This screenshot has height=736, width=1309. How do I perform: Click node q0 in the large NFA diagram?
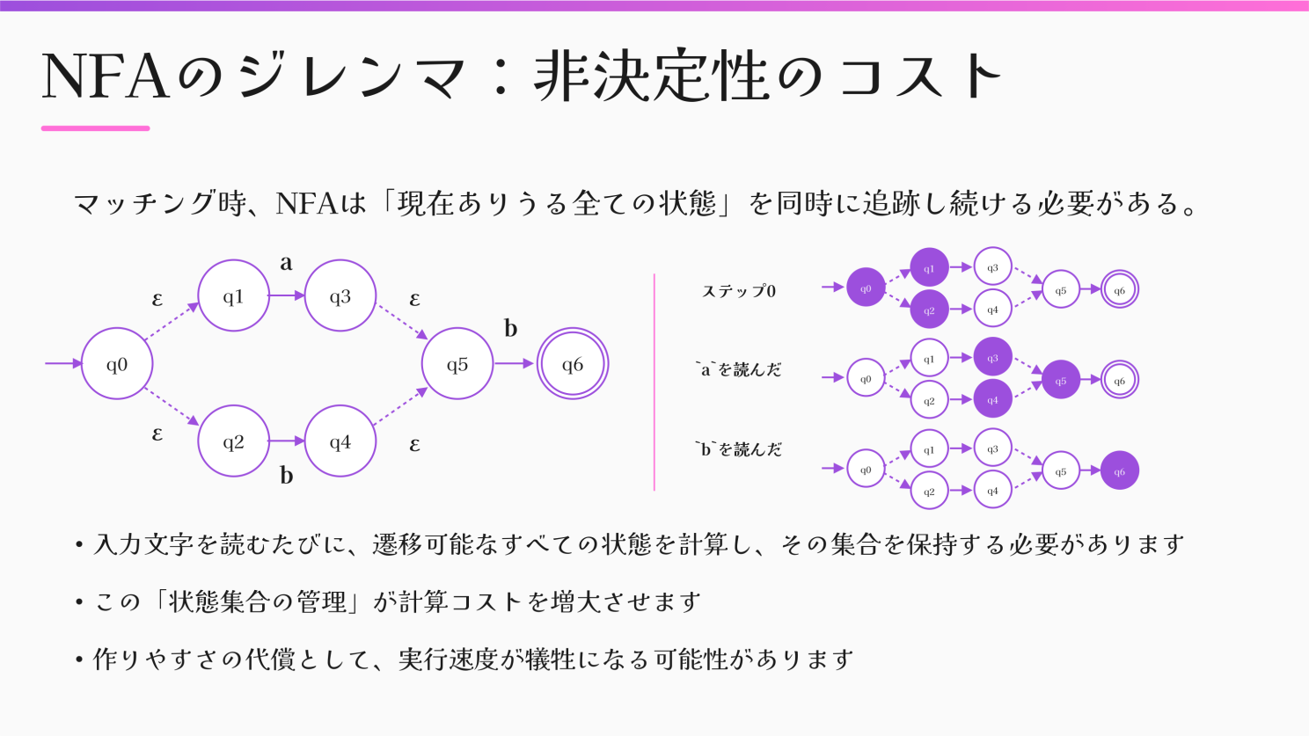[117, 364]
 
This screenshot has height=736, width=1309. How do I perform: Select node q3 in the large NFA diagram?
[340, 296]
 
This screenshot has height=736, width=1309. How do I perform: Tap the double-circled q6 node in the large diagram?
[573, 364]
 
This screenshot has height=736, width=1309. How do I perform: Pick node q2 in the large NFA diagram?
[233, 441]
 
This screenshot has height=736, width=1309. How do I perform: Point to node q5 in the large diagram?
[457, 364]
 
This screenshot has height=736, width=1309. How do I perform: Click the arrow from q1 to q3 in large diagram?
[287, 296]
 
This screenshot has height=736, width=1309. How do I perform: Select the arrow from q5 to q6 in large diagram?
[515, 364]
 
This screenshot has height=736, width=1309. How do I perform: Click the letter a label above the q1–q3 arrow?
[286, 263]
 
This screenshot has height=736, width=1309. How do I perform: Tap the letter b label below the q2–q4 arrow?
[286, 476]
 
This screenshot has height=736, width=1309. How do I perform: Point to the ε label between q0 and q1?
[157, 300]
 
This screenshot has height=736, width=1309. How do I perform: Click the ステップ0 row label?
[739, 291]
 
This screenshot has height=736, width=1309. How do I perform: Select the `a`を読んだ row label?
[738, 370]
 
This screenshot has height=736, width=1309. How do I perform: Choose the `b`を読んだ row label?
[738, 449]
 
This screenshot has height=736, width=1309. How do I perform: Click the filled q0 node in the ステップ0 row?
[866, 288]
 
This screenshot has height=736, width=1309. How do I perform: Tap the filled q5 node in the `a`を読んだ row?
[1061, 380]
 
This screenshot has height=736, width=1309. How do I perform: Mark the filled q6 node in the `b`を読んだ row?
[1119, 470]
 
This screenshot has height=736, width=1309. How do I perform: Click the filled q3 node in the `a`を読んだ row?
[992, 358]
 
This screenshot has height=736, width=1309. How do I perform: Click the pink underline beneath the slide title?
[95, 128]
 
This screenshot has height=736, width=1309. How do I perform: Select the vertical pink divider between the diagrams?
[654, 383]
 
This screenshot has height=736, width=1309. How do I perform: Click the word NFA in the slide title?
[105, 77]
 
